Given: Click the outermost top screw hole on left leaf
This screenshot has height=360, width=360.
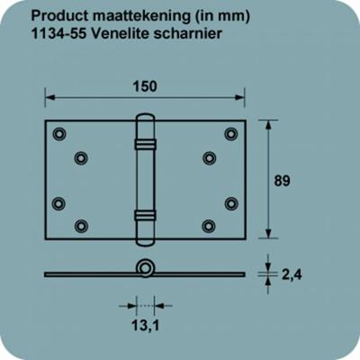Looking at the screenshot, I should point(59,134).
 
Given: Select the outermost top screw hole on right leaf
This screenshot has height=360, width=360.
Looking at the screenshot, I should point(230,134).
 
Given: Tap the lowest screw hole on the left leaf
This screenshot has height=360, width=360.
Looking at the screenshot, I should point(81,226).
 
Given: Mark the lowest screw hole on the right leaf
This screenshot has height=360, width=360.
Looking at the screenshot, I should point(209,226).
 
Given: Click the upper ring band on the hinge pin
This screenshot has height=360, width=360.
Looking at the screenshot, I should point(144,143).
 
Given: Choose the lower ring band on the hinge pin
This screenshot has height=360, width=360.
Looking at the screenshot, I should point(144,215).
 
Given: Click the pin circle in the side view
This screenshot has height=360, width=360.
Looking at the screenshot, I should point(144,268).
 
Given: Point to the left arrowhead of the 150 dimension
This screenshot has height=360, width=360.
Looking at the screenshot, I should point(49,100).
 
